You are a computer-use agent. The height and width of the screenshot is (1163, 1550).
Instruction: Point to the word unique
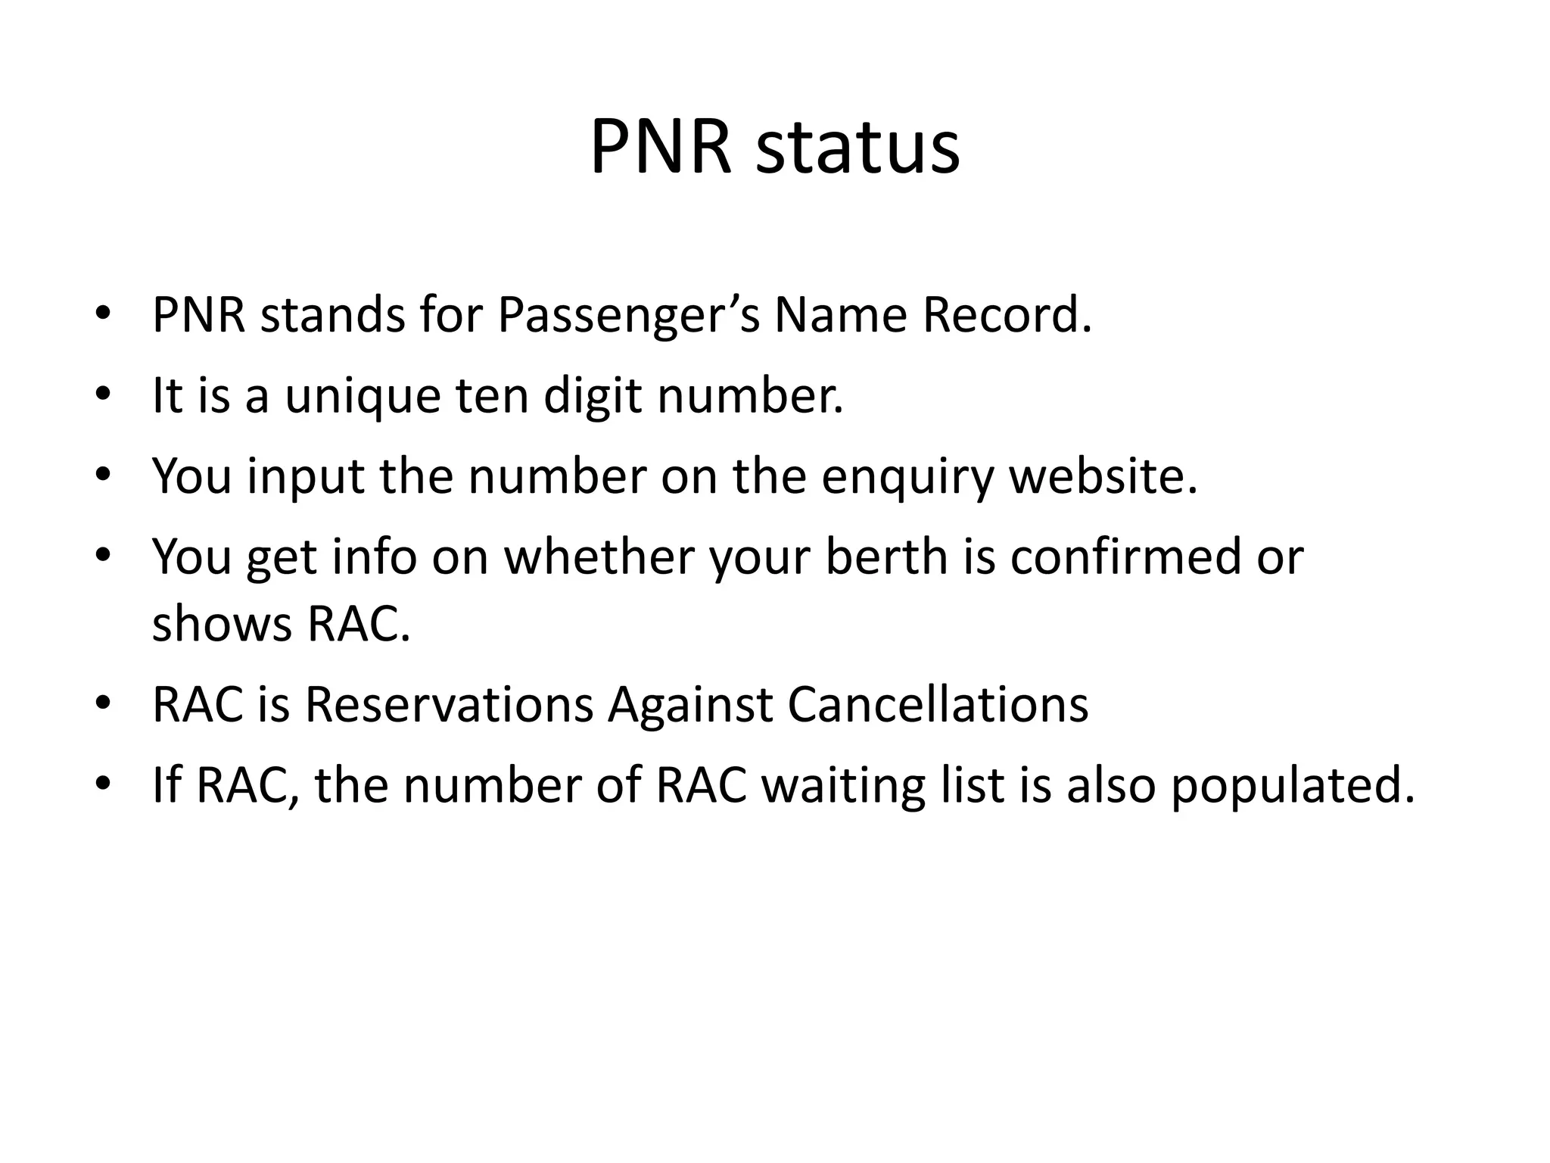click(x=362, y=396)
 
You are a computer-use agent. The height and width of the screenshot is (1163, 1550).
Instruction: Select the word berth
click(x=886, y=557)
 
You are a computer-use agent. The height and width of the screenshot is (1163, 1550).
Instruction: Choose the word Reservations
click(x=449, y=704)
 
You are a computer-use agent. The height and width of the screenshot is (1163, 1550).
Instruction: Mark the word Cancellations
click(x=938, y=704)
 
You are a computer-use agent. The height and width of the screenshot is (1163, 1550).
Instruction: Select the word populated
click(x=1292, y=786)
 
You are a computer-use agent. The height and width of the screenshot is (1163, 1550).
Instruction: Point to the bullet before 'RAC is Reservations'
click(x=104, y=703)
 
